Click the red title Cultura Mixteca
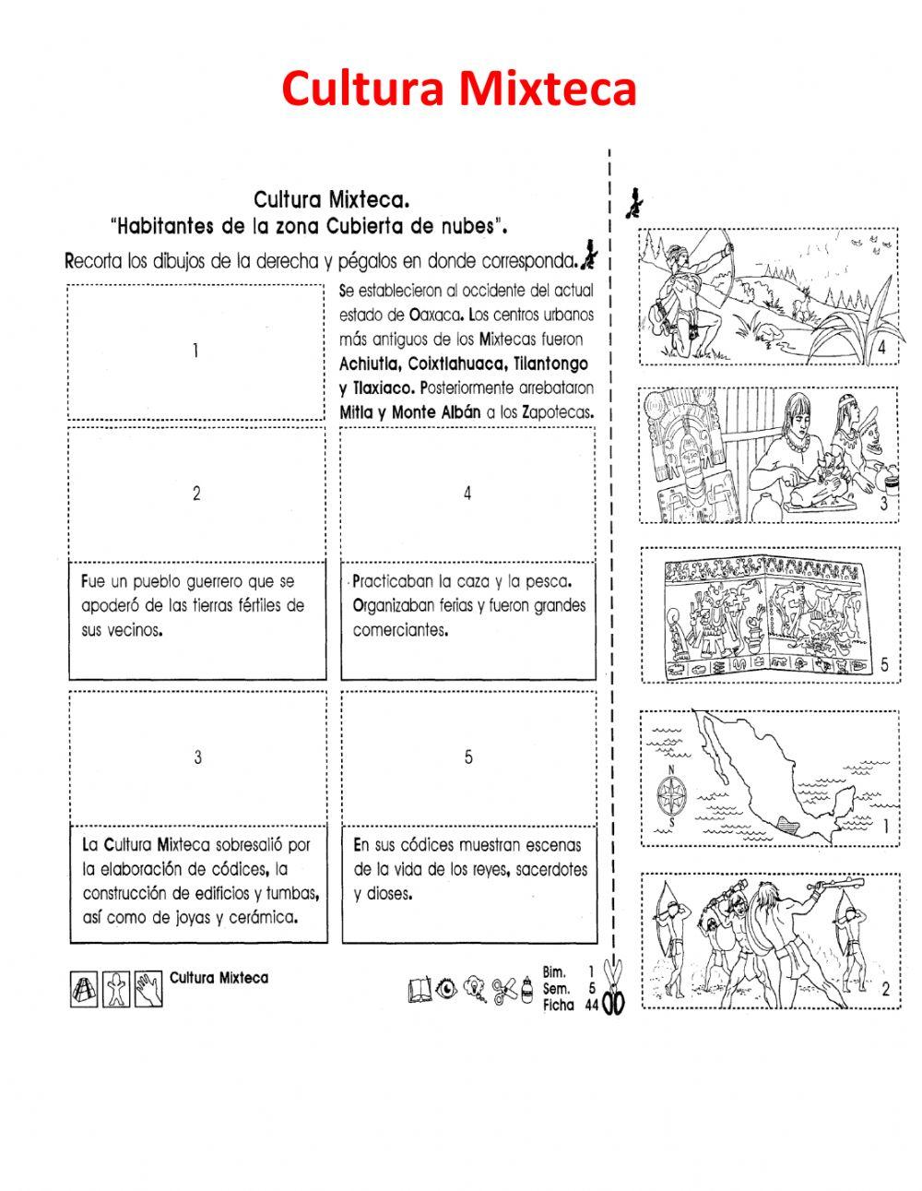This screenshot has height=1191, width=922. [458, 89]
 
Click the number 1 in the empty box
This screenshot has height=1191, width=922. [195, 351]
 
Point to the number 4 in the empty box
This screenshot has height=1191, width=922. [467, 494]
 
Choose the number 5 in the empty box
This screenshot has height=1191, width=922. [468, 757]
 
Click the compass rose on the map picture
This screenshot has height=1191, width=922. [672, 792]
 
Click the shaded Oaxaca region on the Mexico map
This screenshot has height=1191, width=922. [786, 823]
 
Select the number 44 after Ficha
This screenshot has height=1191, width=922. [591, 1005]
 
